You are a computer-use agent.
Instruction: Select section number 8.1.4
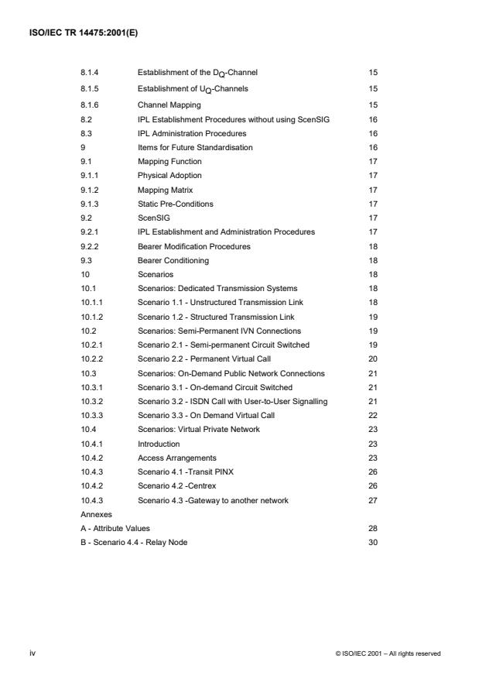(90, 72)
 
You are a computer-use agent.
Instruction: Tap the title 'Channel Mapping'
(169, 105)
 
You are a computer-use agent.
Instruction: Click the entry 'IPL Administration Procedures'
(187, 133)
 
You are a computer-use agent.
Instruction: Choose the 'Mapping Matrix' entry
(165, 189)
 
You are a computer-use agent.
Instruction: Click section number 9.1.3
(90, 204)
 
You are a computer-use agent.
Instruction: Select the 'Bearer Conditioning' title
(171, 260)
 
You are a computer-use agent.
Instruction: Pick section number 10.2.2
(92, 359)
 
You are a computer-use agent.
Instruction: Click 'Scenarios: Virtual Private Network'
(198, 430)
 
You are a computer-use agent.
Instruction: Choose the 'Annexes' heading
(96, 513)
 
